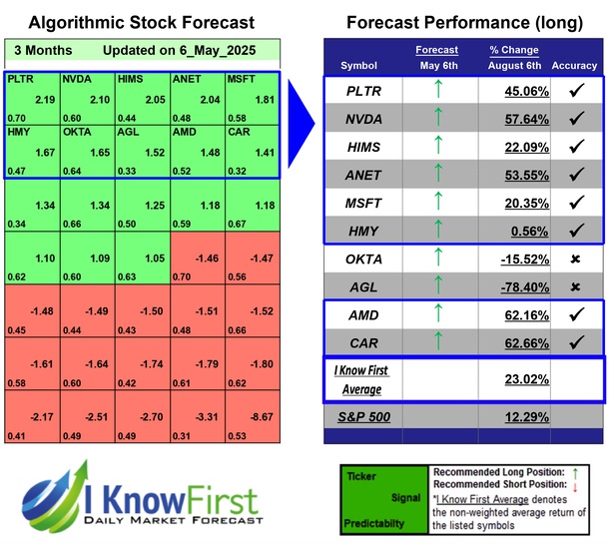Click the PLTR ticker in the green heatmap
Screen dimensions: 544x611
click(19, 77)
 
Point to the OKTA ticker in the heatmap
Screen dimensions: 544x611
click(76, 132)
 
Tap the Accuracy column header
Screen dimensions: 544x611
click(573, 66)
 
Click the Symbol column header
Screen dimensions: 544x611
click(359, 66)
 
